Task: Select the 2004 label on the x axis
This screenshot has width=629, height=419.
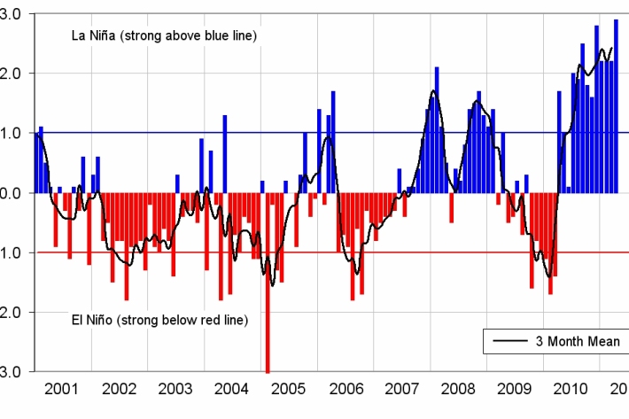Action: click(x=232, y=389)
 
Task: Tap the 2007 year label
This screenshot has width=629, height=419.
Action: click(x=402, y=389)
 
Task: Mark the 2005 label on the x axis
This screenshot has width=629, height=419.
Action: click(x=289, y=389)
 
